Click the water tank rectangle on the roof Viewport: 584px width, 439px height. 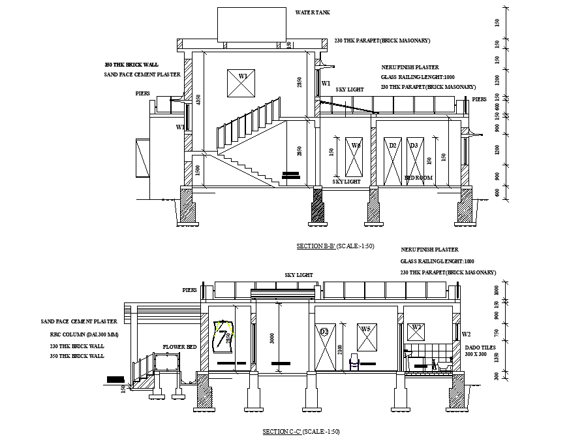pos(251,24)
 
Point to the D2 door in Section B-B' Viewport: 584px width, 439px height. pos(392,161)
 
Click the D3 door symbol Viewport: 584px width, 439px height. pos(413,161)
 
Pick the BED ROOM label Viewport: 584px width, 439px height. pos(418,178)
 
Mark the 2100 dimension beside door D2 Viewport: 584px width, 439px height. pos(339,350)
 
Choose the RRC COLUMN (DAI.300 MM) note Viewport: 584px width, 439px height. pos(77,334)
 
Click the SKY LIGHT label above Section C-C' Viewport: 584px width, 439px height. pos(299,275)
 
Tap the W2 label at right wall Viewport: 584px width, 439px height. pos(466,334)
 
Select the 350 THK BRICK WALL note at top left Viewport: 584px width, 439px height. pos(132,65)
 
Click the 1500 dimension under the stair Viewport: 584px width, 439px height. pos(198,171)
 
